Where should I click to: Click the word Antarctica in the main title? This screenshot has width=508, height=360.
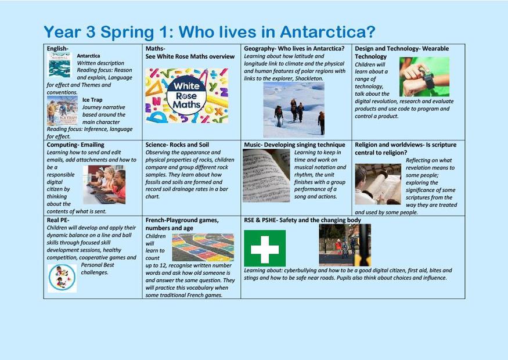[327, 32]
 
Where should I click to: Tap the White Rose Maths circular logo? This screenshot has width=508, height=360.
[186, 95]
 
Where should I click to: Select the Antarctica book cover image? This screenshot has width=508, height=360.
[59, 65]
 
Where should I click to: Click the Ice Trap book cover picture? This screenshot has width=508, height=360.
[62, 111]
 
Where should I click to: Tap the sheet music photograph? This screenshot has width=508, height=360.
[266, 176]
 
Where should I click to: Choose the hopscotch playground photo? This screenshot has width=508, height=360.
[203, 247]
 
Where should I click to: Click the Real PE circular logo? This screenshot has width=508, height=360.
[62, 278]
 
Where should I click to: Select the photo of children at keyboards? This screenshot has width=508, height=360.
[104, 185]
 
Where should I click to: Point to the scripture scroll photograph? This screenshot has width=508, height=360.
[378, 184]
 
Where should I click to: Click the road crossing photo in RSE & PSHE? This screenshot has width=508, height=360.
[345, 245]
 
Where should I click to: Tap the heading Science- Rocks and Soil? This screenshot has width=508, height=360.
[177, 145]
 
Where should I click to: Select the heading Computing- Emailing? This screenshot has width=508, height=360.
[75, 145]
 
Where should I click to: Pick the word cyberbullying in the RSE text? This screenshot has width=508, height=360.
[300, 270]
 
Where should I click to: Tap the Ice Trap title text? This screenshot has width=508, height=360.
[92, 100]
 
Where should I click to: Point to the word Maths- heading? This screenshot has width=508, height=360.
[155, 49]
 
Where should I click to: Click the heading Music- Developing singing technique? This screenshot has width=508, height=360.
[294, 145]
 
